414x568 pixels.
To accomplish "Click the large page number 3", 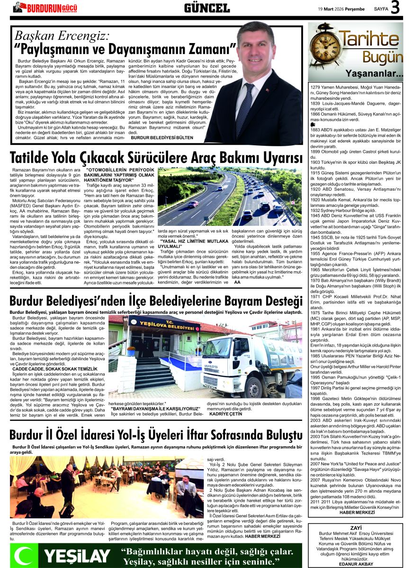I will (x=396, y=8).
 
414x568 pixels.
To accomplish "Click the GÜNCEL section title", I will (x=207, y=8).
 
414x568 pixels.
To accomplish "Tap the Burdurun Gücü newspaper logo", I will (x=45, y=8).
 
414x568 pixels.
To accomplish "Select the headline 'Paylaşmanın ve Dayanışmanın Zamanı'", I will (x=126, y=48).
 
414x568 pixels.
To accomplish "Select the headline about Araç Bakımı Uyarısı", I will (x=156, y=157).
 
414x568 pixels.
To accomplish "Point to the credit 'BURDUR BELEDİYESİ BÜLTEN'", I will (x=162, y=137).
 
